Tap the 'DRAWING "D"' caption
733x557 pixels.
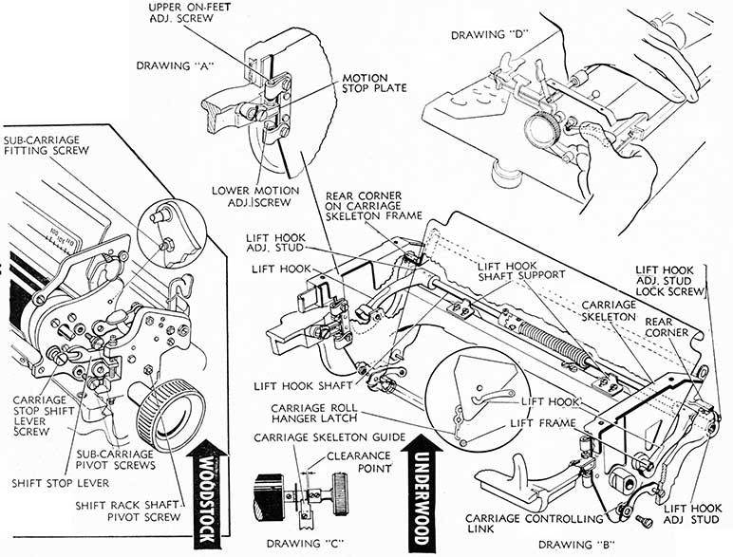pyautogui.click(x=492, y=35)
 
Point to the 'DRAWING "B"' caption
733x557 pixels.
pyautogui.click(x=561, y=545)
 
